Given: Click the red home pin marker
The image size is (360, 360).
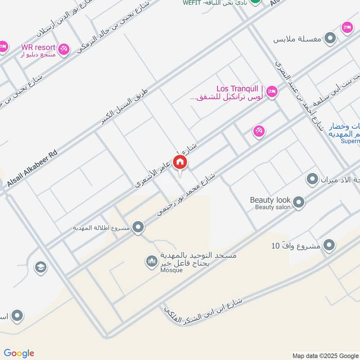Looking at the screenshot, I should (180, 162).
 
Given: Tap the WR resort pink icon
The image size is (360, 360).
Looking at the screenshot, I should (64, 49).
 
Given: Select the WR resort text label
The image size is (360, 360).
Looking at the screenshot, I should (38, 47).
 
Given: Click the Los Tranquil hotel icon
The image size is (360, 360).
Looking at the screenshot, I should (272, 92).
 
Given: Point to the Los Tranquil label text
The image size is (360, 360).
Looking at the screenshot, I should (237, 89).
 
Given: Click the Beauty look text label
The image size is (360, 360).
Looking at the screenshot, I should (270, 200).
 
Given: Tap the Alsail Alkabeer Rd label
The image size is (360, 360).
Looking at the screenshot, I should (33, 168).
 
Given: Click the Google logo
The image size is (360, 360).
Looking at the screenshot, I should (18, 353).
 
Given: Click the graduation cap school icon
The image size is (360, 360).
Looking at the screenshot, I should (40, 267).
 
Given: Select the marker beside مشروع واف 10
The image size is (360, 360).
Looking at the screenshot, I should (329, 246).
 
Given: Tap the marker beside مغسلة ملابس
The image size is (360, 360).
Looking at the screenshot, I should (331, 38).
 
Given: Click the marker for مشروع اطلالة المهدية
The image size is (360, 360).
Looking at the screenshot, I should (139, 228).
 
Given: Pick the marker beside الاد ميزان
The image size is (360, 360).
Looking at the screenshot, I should (312, 180).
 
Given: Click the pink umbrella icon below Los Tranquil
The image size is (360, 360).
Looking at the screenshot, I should (259, 131).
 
